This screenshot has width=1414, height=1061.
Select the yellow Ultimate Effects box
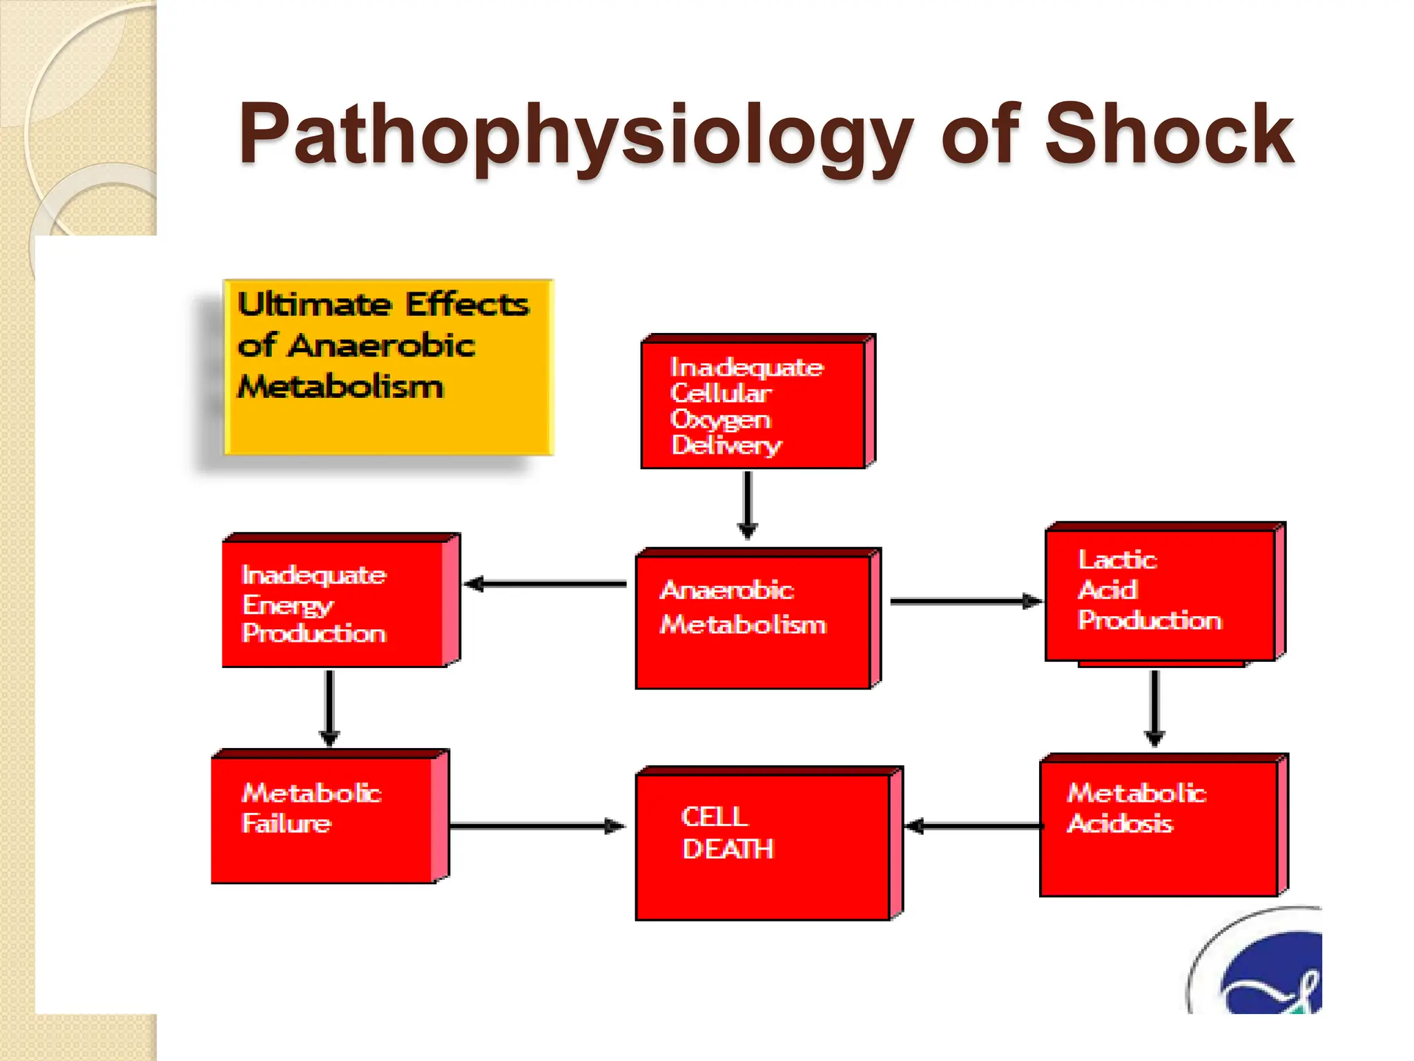tap(389, 367)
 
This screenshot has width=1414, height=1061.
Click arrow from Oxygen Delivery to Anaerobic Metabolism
tap(748, 504)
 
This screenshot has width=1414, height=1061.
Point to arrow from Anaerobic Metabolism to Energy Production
tap(545, 584)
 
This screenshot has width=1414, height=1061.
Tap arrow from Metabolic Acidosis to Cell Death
tap(974, 826)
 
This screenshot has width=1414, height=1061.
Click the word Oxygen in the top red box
tap(720, 420)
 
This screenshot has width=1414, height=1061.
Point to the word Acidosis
tap(1119, 823)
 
